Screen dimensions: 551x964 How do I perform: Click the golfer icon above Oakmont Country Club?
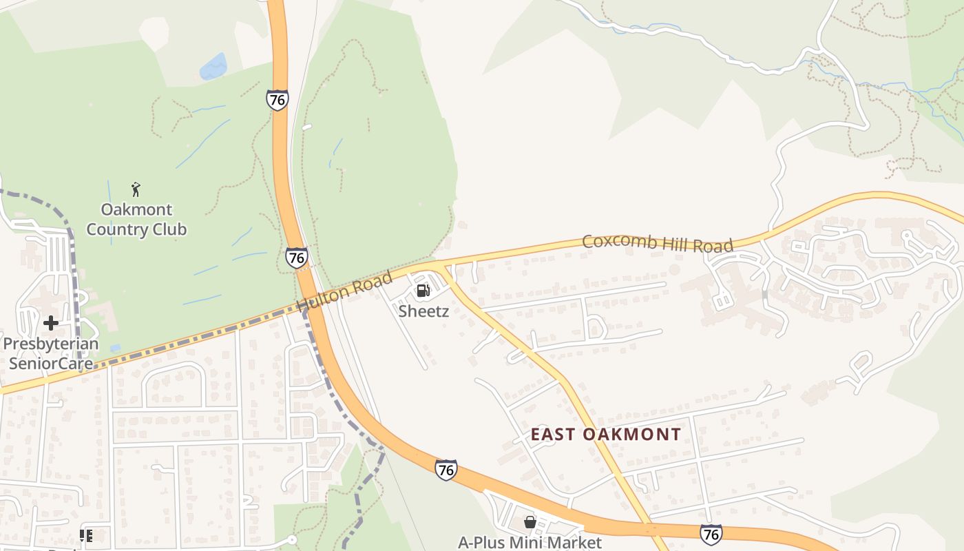pyautogui.click(x=136, y=189)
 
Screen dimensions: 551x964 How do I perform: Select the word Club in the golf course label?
pyautogui.click(x=170, y=229)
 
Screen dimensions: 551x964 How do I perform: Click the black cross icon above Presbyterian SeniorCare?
pyautogui.click(x=50, y=322)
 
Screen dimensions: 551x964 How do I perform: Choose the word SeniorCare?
pyautogui.click(x=51, y=362)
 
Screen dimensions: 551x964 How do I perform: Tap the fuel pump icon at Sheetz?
pyautogui.click(x=423, y=290)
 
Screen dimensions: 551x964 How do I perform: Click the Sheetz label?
pyautogui.click(x=423, y=311)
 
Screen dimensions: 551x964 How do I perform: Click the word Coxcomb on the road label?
pyautogui.click(x=616, y=242)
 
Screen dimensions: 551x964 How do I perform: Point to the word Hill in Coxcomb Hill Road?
pyautogui.click(x=678, y=244)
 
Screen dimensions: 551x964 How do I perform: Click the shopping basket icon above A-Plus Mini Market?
pyautogui.click(x=530, y=522)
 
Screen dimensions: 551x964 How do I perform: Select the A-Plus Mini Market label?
pyautogui.click(x=530, y=543)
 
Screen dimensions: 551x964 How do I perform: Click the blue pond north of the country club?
pyautogui.click(x=213, y=67)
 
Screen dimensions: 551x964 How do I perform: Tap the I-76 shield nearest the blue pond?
pyautogui.click(x=277, y=101)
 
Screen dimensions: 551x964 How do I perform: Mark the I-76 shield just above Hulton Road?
pyautogui.click(x=296, y=258)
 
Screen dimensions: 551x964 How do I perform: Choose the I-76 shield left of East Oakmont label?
pyautogui.click(x=446, y=470)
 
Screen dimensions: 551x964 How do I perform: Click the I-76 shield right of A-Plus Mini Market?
pyautogui.click(x=711, y=534)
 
